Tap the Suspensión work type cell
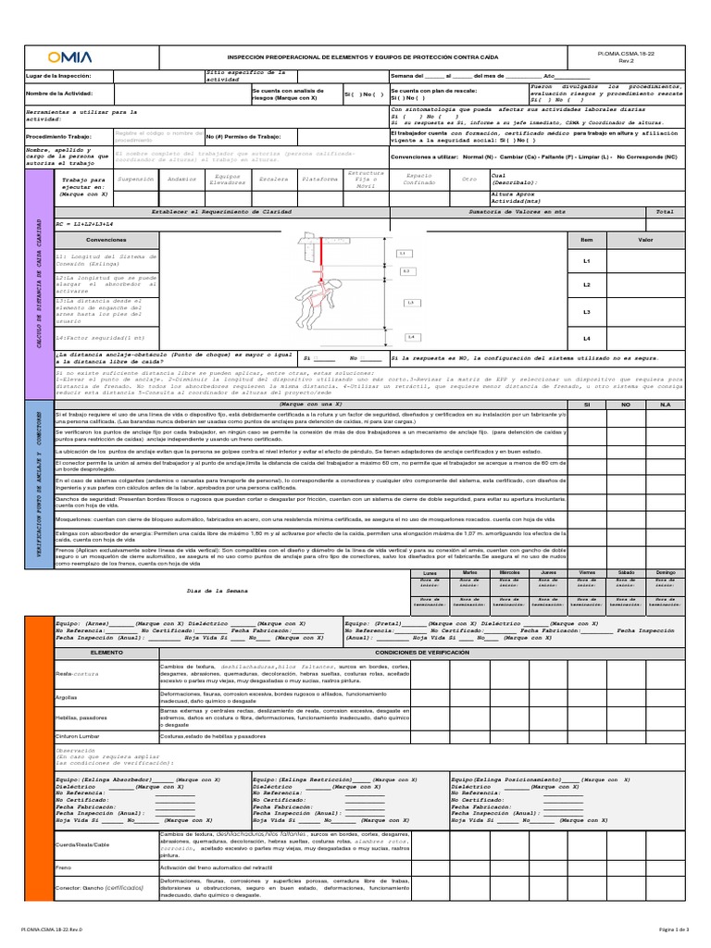pos(137,179)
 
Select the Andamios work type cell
pos(183,179)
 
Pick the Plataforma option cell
pos(320,179)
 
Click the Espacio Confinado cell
pos(419,179)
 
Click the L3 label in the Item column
pos(586,312)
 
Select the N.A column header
pos(665,379)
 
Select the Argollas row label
pos(67,696)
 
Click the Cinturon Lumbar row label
pos(78,736)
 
